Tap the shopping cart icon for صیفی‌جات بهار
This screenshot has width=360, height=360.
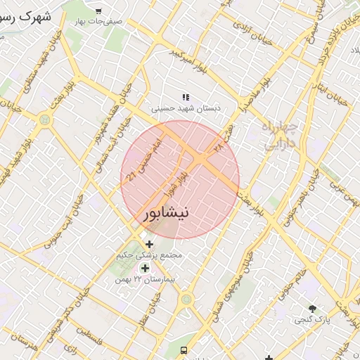(98, 11)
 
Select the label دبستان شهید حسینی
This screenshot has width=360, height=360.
(186, 108)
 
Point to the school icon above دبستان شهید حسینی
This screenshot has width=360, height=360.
(186, 97)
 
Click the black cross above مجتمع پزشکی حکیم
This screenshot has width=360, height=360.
(149, 244)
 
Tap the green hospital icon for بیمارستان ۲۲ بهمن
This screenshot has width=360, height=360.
(145, 268)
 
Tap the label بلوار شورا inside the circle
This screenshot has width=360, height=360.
(174, 182)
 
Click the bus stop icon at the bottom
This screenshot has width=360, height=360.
(184, 350)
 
